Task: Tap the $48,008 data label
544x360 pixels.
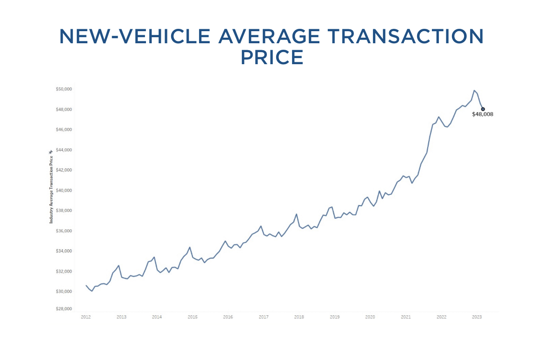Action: click(x=482, y=114)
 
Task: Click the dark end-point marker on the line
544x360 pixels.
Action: click(x=483, y=109)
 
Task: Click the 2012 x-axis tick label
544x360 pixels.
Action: click(x=86, y=317)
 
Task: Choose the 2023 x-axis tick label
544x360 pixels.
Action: click(x=477, y=317)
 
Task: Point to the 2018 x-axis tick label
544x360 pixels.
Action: click(x=299, y=317)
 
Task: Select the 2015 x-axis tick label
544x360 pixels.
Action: click(x=192, y=317)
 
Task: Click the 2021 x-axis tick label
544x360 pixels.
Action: click(x=405, y=317)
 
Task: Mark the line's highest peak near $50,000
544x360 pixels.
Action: click(x=474, y=91)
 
